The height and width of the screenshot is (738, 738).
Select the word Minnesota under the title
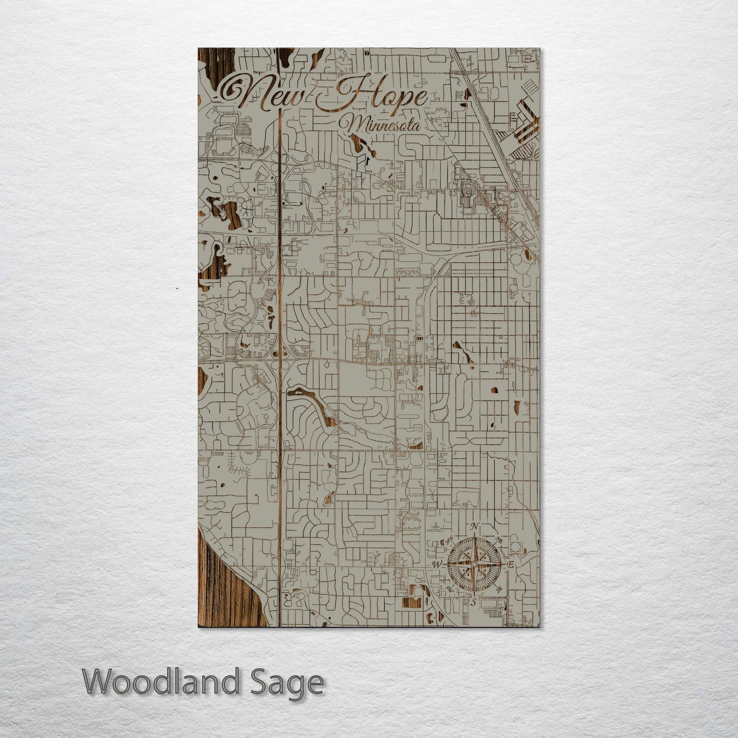point(383,124)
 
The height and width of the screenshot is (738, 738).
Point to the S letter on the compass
point(474,602)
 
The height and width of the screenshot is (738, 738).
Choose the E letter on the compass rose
point(510,565)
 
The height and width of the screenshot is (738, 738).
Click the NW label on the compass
point(449,541)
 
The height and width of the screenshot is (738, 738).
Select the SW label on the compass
point(449,589)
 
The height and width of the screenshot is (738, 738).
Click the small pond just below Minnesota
point(364,148)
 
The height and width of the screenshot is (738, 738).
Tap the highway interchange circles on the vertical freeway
point(280,353)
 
